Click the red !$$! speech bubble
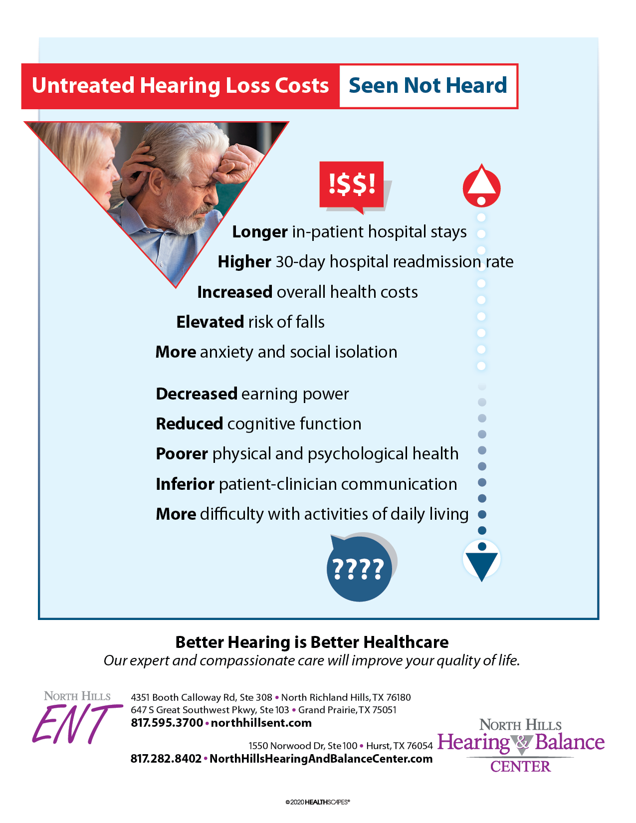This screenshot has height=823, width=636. (352, 185)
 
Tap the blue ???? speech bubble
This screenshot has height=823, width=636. (359, 569)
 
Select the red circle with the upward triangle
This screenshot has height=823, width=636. (481, 187)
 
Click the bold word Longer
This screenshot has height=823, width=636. (260, 232)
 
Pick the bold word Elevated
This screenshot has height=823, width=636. (210, 322)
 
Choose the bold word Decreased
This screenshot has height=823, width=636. (197, 394)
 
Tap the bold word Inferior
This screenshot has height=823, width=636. (185, 484)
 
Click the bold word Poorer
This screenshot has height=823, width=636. (182, 454)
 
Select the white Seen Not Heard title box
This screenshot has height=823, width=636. (428, 86)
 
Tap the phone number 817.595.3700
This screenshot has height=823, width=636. (167, 723)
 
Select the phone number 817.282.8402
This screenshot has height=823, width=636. (166, 759)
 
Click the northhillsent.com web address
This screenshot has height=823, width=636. (261, 723)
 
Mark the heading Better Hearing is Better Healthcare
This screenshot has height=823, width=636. (312, 642)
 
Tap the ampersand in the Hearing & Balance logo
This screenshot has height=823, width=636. (522, 743)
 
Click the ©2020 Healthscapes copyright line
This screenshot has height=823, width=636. (318, 802)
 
